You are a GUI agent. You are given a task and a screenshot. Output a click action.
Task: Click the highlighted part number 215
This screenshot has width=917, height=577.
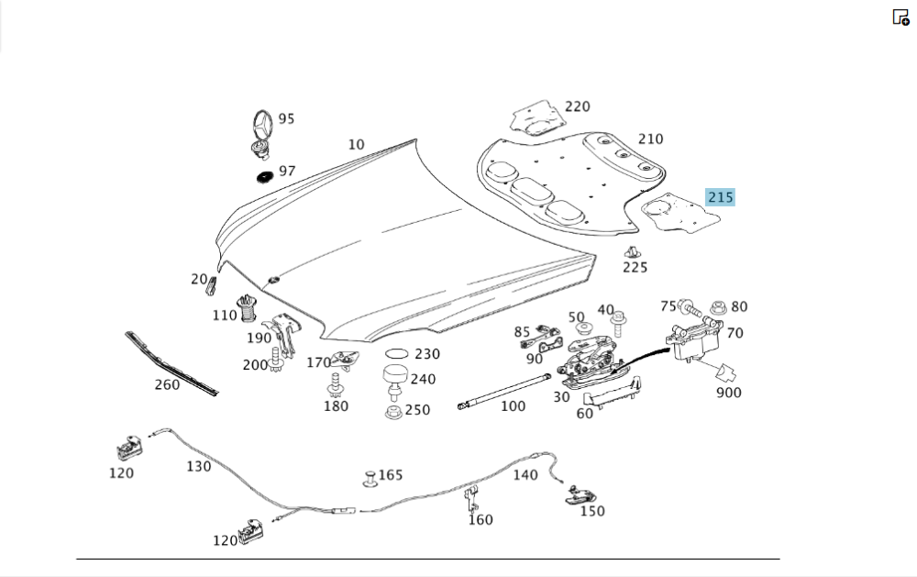720,197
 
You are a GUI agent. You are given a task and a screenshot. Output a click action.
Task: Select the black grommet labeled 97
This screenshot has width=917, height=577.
266,176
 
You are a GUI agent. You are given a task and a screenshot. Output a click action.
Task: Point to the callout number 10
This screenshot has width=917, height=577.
356,145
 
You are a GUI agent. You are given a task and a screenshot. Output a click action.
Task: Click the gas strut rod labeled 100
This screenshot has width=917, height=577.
503,391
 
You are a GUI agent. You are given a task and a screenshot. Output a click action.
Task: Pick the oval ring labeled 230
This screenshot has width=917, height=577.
396,353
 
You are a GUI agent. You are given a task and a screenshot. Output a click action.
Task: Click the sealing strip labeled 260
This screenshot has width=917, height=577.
171,364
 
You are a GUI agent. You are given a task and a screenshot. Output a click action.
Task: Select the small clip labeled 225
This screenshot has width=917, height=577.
632,252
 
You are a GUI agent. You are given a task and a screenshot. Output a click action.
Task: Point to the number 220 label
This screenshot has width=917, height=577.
577,106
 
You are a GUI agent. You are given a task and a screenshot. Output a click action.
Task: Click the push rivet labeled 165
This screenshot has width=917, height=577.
370,478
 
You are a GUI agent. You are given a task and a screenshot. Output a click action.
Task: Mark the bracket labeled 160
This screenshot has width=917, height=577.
470,500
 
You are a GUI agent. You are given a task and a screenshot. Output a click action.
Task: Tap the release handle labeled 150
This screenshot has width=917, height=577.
580,495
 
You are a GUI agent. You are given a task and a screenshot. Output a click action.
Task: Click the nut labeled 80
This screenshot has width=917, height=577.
718,308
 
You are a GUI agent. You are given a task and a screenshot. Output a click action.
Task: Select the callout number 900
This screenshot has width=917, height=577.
729,393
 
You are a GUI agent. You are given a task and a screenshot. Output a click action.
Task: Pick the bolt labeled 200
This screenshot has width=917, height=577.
275,360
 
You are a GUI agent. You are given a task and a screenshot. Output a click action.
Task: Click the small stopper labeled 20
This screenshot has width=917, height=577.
212,285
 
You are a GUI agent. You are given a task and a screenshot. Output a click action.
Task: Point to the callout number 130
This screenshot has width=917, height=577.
198,466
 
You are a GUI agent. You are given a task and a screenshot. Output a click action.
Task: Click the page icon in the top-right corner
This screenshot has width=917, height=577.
900,17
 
